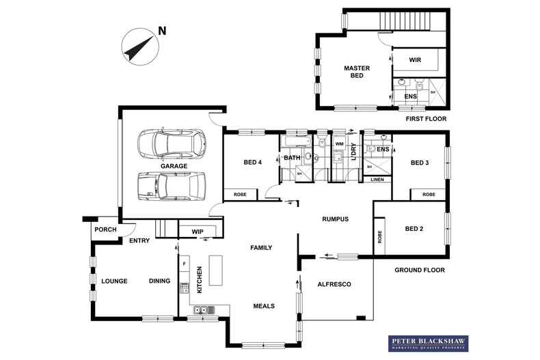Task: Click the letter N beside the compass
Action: coord(162,30)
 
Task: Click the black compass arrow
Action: coord(137,46)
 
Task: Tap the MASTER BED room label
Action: coord(356,72)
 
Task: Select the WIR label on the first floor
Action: coord(414,61)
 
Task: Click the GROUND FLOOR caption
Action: coord(419,270)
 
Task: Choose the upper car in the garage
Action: coord(170,142)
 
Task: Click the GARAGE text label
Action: coord(174,166)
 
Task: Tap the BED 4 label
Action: coord(252,163)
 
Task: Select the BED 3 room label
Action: coord(420,163)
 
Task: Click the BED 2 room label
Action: coord(414,228)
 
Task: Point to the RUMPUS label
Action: coord(336,219)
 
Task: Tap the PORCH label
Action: coord(105,230)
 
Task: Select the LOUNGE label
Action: coord(114,281)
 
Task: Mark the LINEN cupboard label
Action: coord(377,180)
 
